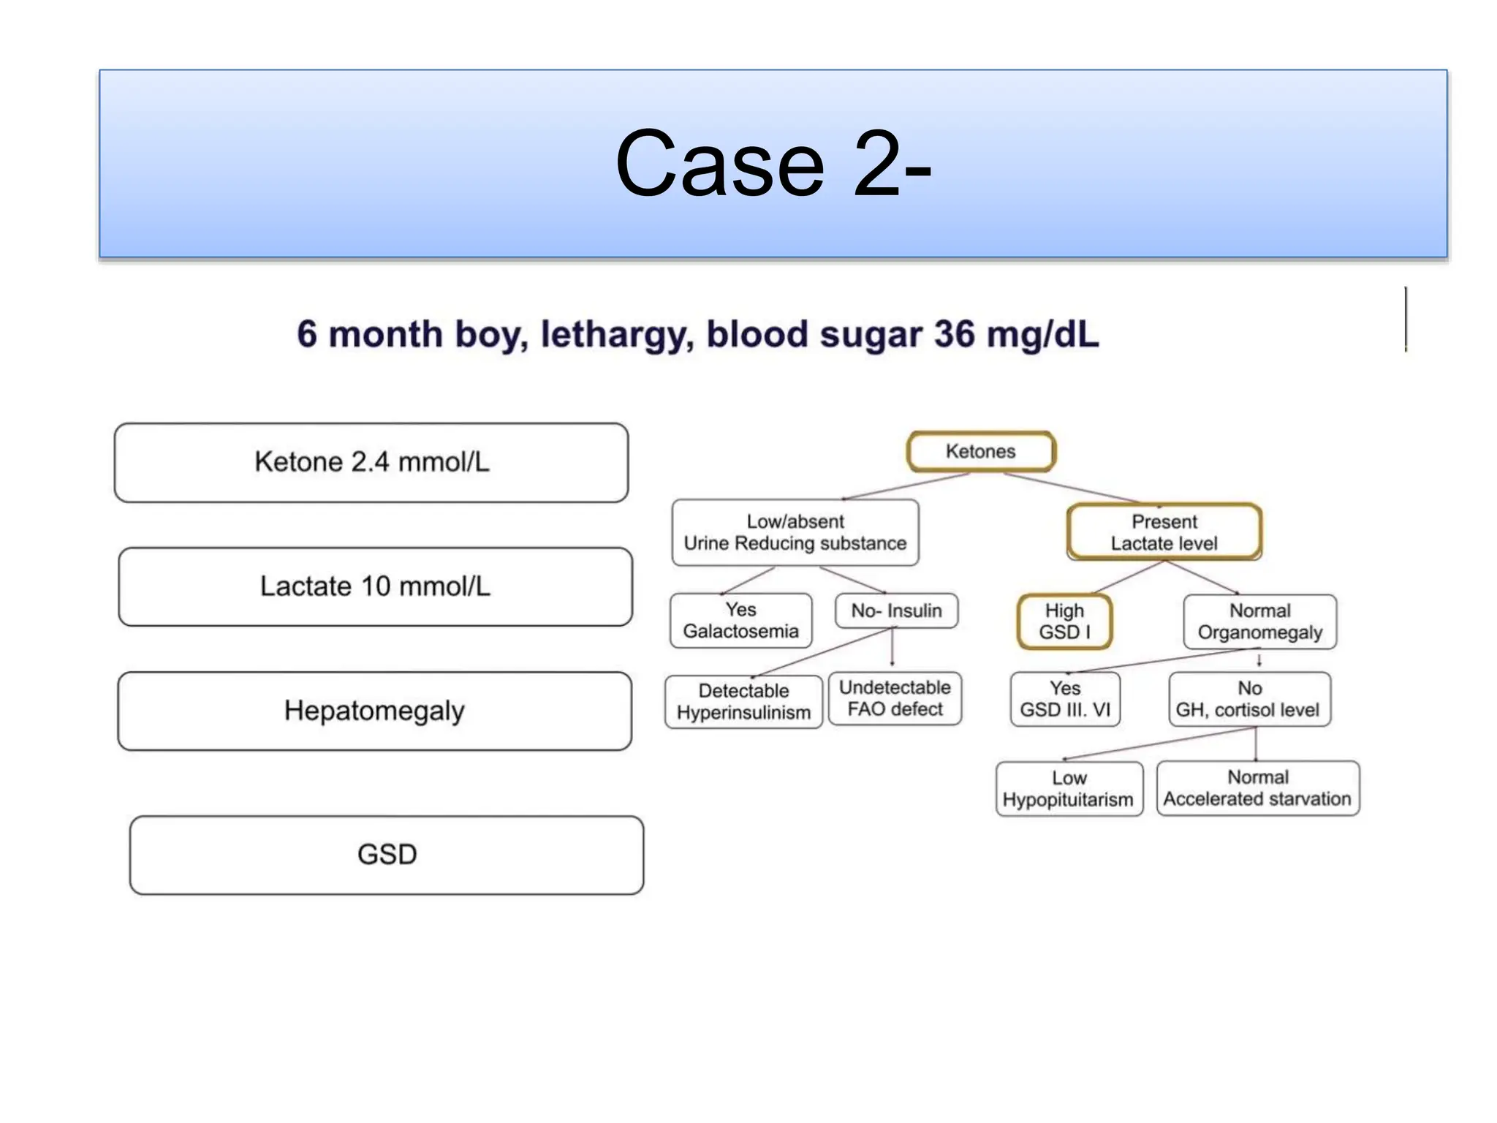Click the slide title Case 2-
[773, 164]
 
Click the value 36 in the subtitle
[954, 335]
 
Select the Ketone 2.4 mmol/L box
[371, 462]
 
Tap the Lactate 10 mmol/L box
[375, 586]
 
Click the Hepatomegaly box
[374, 711]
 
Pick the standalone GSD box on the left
[387, 855]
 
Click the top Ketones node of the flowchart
[980, 451]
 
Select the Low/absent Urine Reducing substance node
[795, 532]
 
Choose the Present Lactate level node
[1164, 532]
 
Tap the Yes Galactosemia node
[740, 621]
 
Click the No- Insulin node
[896, 610]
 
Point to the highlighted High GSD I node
[1064, 621]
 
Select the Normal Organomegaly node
[1259, 621]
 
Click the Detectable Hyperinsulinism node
[743, 701]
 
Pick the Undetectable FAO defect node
[895, 698]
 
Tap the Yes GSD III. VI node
[1065, 699]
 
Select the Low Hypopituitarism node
[1069, 789]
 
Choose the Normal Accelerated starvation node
[1257, 788]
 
